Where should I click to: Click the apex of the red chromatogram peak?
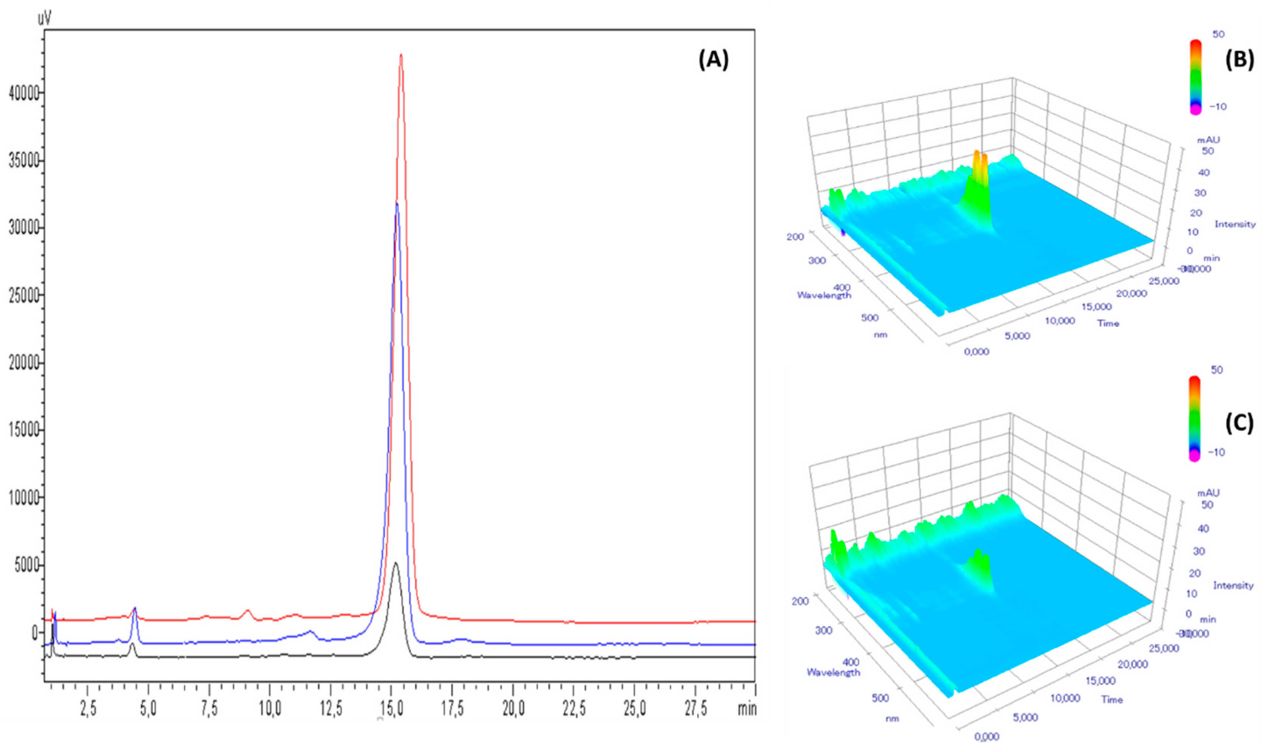[x=401, y=55]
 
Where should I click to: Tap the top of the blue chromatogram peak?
[x=397, y=204]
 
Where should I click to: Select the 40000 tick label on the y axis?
[x=24, y=93]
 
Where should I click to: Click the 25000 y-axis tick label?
[x=24, y=295]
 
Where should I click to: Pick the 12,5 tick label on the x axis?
[x=331, y=709]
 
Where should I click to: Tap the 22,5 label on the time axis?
[x=574, y=709]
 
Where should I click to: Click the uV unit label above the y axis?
[x=45, y=19]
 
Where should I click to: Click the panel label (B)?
[x=1239, y=60]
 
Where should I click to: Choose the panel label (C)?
[x=1239, y=424]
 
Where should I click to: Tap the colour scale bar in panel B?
[x=1195, y=76]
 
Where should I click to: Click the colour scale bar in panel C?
[x=1194, y=418]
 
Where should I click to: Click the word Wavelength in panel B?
[x=824, y=295]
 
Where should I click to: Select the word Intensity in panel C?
[x=1233, y=586]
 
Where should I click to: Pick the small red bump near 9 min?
[x=247, y=613]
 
